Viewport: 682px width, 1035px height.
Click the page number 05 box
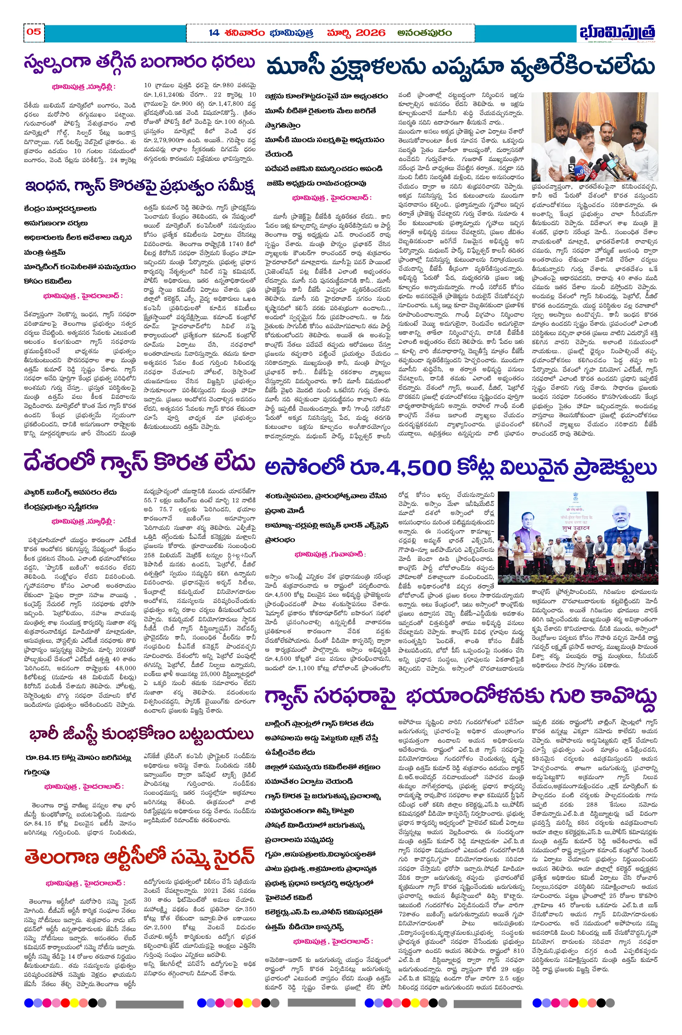pyautogui.click(x=34, y=32)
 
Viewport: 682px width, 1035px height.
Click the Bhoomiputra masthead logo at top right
pyautogui.click(x=617, y=33)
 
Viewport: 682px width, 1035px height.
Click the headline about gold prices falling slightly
pyautogui.click(x=139, y=62)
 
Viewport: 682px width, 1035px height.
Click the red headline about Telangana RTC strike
pyautogui.click(x=139, y=857)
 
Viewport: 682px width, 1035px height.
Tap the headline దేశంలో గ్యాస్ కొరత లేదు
pyautogui.click(x=139, y=462)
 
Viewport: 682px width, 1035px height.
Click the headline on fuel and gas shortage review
pyautogui.click(x=139, y=186)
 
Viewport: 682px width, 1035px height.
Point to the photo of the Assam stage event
pyautogui.click(x=577, y=538)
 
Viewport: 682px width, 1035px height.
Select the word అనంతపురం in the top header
pyautogui.click(x=424, y=33)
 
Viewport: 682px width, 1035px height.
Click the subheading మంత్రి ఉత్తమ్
pyautogui.click(x=45, y=252)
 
